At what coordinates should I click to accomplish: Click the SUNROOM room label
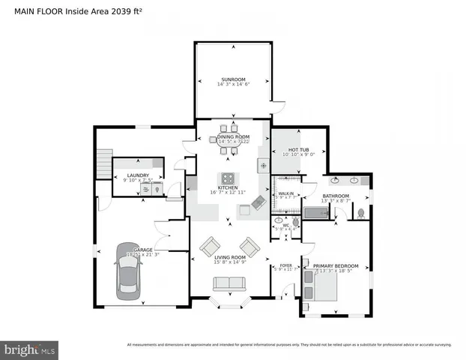point(232,79)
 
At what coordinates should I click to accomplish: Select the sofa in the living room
point(229,284)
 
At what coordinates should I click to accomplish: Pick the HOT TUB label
point(299,150)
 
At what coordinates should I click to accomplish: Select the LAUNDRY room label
point(139,175)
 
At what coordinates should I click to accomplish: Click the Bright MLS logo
point(30,349)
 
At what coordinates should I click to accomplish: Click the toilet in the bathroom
point(360,212)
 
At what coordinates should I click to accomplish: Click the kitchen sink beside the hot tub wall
point(263,164)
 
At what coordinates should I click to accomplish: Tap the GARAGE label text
point(142,250)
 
